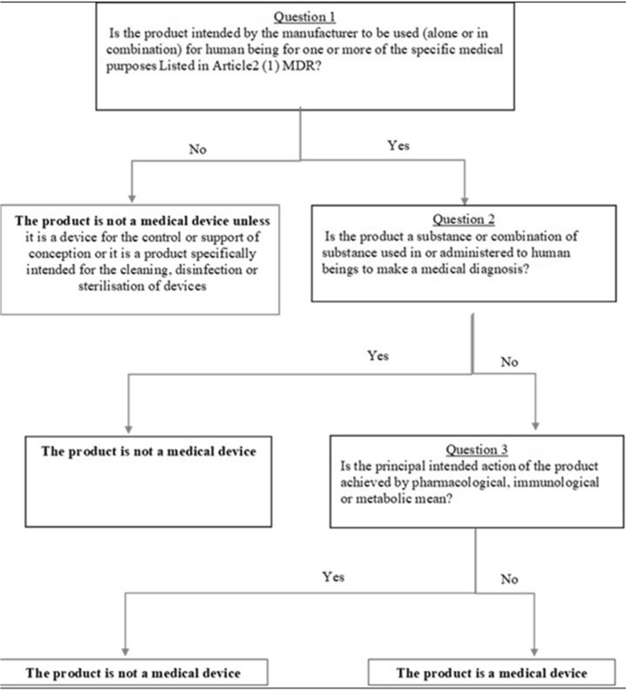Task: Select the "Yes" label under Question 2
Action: click(x=378, y=357)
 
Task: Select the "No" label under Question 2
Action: click(x=508, y=361)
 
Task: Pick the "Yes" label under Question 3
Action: click(x=334, y=576)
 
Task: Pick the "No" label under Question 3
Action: click(x=510, y=580)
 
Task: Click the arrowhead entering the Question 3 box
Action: click(x=534, y=426)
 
